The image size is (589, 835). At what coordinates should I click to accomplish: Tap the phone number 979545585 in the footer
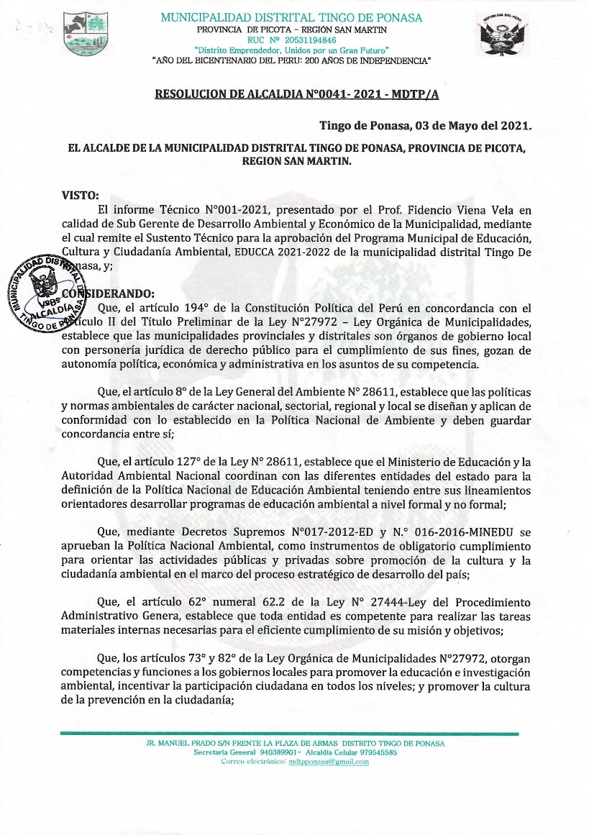373,752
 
